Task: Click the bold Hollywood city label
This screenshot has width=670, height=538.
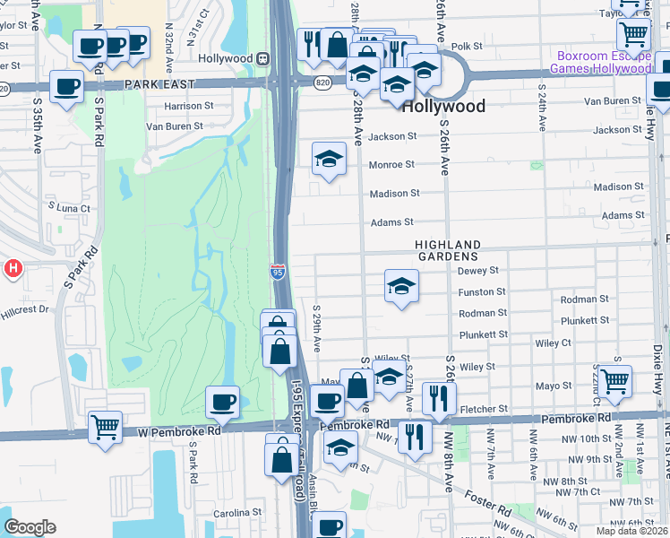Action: (x=443, y=107)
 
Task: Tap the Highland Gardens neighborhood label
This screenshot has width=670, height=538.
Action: (x=447, y=250)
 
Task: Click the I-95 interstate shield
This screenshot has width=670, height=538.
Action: (x=278, y=270)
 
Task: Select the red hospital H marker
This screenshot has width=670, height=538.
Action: (x=13, y=267)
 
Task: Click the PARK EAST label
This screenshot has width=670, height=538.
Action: (x=159, y=83)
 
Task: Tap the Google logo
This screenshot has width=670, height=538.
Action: (x=30, y=527)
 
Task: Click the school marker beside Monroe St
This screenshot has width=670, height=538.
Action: (x=329, y=159)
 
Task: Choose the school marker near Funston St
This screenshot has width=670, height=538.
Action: (x=401, y=286)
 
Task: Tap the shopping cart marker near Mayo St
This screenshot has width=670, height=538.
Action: (x=614, y=380)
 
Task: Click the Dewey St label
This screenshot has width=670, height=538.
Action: (x=477, y=270)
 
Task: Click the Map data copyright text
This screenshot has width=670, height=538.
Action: (x=632, y=531)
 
